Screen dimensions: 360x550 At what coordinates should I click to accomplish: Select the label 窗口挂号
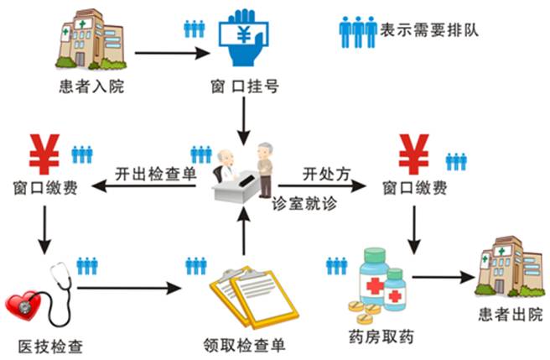(x=243, y=86)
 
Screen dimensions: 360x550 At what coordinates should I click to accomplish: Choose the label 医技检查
(x=50, y=345)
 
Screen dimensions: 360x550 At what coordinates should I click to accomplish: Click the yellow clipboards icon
(x=252, y=298)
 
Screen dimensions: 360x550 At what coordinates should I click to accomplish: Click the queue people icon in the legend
(x=358, y=32)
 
